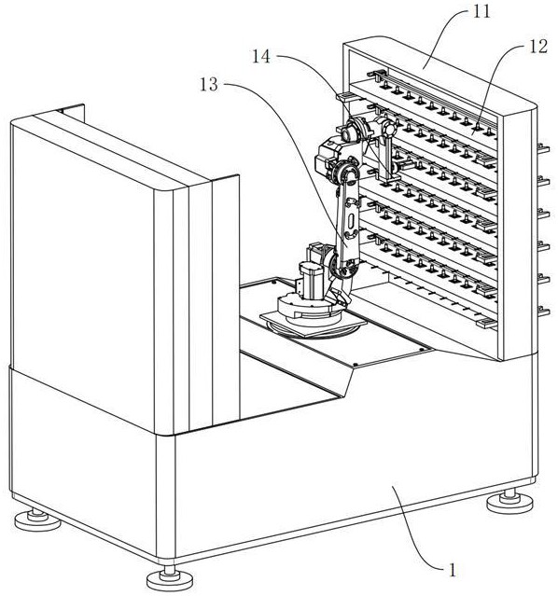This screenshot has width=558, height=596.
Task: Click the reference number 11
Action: pyautogui.click(x=481, y=12)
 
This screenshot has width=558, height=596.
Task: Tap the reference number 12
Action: pyautogui.click(x=537, y=47)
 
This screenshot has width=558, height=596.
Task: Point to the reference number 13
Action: pyautogui.click(x=209, y=85)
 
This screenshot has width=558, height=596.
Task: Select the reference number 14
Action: pyautogui.click(x=261, y=57)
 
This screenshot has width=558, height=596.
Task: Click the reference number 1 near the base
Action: pyautogui.click(x=452, y=570)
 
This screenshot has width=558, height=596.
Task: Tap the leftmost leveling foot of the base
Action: pyautogui.click(x=37, y=520)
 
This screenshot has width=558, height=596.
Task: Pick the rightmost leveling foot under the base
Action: pyautogui.click(x=510, y=502)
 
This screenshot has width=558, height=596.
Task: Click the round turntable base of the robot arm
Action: pyautogui.click(x=309, y=307)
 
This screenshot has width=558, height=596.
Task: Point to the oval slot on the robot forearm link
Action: pyautogui.click(x=351, y=221)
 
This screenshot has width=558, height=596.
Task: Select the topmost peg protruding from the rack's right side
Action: pyautogui.click(x=544, y=148)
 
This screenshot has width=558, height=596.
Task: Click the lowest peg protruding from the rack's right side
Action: pyautogui.click(x=544, y=311)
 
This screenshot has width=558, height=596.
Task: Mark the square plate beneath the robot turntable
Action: pyautogui.click(x=313, y=323)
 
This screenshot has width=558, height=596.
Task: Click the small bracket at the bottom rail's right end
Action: pyautogui.click(x=487, y=324)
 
